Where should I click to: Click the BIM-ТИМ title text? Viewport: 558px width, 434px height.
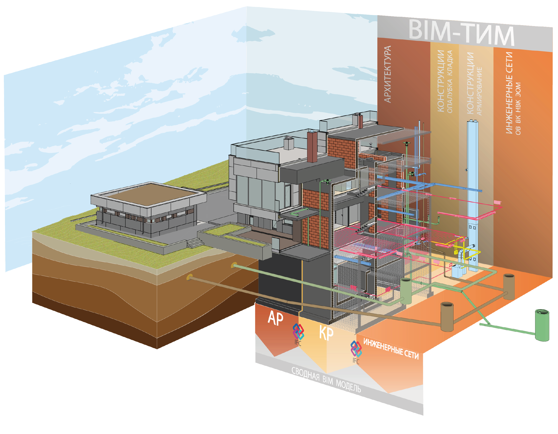461,33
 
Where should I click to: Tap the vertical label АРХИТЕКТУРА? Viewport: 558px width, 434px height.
388,74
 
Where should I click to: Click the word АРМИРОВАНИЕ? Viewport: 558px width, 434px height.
479,91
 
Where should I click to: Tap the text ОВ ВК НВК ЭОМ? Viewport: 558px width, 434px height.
518,109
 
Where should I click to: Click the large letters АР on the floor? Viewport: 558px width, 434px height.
275,319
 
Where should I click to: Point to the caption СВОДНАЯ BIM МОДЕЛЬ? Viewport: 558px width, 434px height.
326,380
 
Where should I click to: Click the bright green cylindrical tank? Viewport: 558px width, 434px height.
542,325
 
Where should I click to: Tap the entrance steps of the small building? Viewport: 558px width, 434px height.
194,243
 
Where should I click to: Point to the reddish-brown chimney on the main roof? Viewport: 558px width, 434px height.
312,146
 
